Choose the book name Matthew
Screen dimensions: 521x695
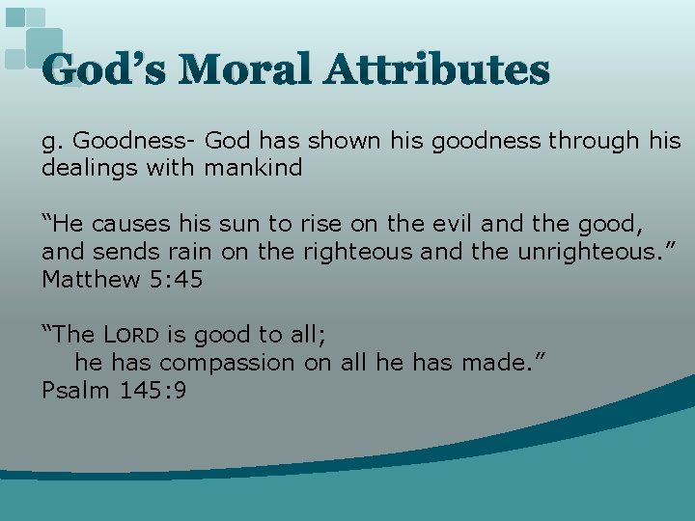pos(87,280)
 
